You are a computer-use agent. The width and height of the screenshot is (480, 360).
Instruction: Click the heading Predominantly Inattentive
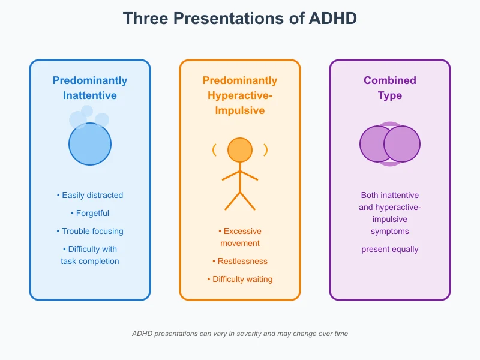(x=90, y=88)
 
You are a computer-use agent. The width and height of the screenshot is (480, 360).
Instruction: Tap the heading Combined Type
(x=390, y=88)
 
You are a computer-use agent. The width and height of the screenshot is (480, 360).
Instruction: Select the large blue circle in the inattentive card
(x=90, y=144)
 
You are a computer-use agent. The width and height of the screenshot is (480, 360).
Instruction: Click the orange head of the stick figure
(x=240, y=150)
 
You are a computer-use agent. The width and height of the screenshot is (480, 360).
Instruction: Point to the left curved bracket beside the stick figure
(x=214, y=150)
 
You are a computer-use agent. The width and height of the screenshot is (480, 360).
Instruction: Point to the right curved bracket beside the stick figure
(x=266, y=150)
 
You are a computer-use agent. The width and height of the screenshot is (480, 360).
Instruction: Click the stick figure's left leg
(x=232, y=201)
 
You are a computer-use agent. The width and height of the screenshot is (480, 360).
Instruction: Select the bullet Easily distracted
(x=90, y=195)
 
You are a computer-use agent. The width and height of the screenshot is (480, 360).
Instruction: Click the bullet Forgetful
(x=90, y=213)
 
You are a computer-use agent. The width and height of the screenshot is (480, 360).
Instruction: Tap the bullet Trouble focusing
(x=90, y=231)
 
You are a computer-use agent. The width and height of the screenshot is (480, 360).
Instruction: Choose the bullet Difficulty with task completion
(x=90, y=255)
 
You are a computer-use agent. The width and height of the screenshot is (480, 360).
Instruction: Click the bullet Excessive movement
(x=240, y=237)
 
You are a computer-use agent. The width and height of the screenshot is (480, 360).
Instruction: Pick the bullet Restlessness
(x=240, y=261)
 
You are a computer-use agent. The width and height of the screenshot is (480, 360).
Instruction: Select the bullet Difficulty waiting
(x=240, y=279)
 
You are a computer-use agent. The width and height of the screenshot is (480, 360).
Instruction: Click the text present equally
(x=390, y=249)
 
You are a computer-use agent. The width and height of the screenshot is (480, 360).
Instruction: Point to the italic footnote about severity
(x=240, y=333)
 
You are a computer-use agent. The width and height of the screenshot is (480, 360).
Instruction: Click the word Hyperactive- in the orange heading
(x=240, y=95)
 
